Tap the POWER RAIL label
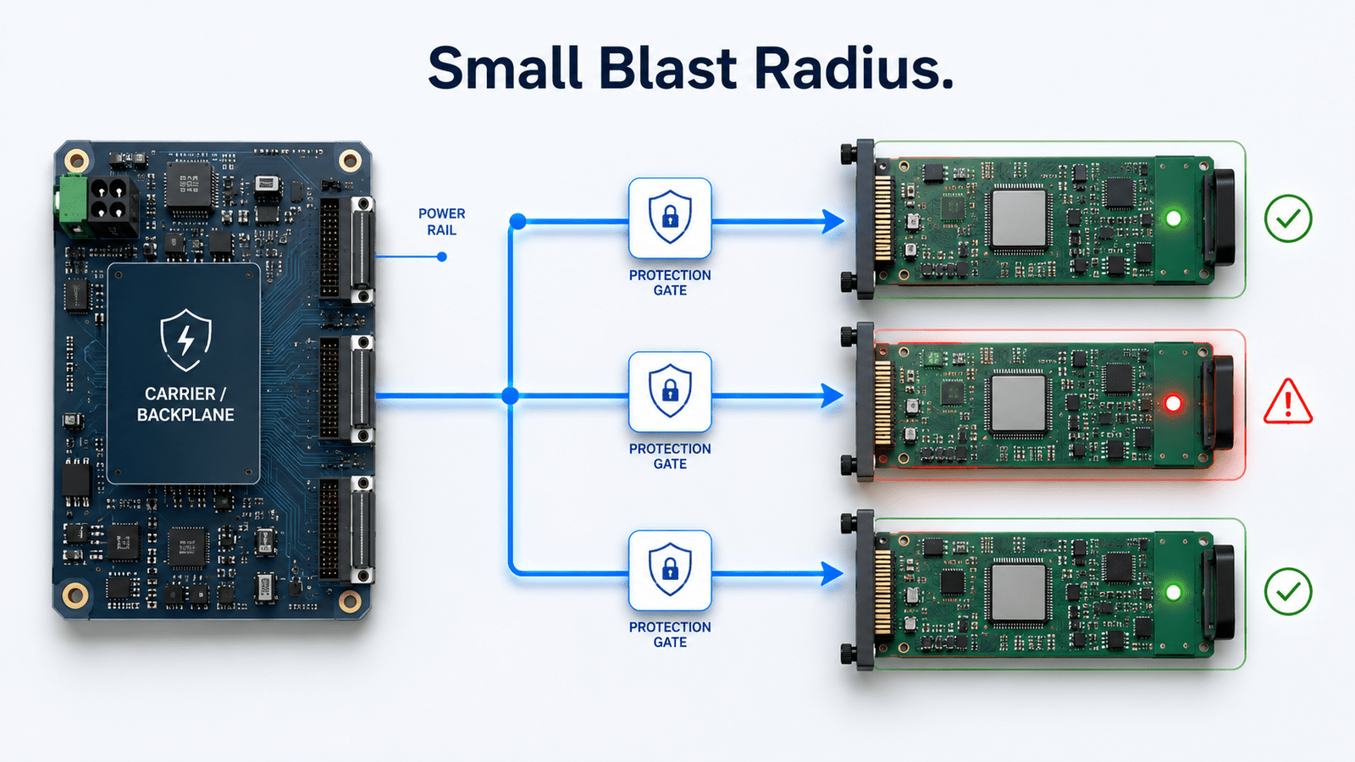point(441,222)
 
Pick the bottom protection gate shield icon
point(670,571)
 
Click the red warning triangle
point(1288,401)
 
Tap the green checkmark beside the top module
point(1288,218)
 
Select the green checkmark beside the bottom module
point(1288,592)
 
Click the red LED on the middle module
point(1173,403)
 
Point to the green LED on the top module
point(1173,218)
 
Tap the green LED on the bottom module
point(1173,592)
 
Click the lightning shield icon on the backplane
point(185,340)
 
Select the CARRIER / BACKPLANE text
point(185,404)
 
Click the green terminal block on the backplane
point(71,206)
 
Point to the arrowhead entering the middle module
point(832,396)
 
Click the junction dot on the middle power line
point(511,396)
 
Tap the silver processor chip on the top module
point(1019,219)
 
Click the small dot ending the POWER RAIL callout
point(442,257)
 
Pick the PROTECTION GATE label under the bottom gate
point(670,634)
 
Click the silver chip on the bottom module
point(1019,593)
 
